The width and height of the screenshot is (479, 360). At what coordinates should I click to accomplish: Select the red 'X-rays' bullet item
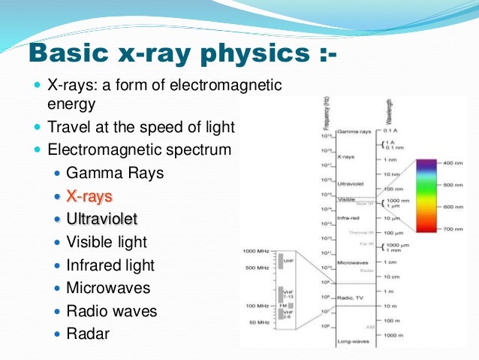[89, 196]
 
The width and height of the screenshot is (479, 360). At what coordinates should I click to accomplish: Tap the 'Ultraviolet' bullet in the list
[101, 219]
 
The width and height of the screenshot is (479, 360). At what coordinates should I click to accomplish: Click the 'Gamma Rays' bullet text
[114, 173]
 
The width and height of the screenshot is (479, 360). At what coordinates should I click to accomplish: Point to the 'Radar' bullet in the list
[87, 333]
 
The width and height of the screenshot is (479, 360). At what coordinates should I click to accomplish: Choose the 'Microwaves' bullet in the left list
[107, 288]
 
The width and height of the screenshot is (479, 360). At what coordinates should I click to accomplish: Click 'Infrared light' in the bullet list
[110, 265]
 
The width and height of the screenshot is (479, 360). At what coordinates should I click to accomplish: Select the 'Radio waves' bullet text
[111, 310]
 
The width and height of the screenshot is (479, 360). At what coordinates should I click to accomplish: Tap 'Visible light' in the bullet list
[106, 242]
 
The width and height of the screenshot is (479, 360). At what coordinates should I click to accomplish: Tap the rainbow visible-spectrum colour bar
[426, 195]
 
